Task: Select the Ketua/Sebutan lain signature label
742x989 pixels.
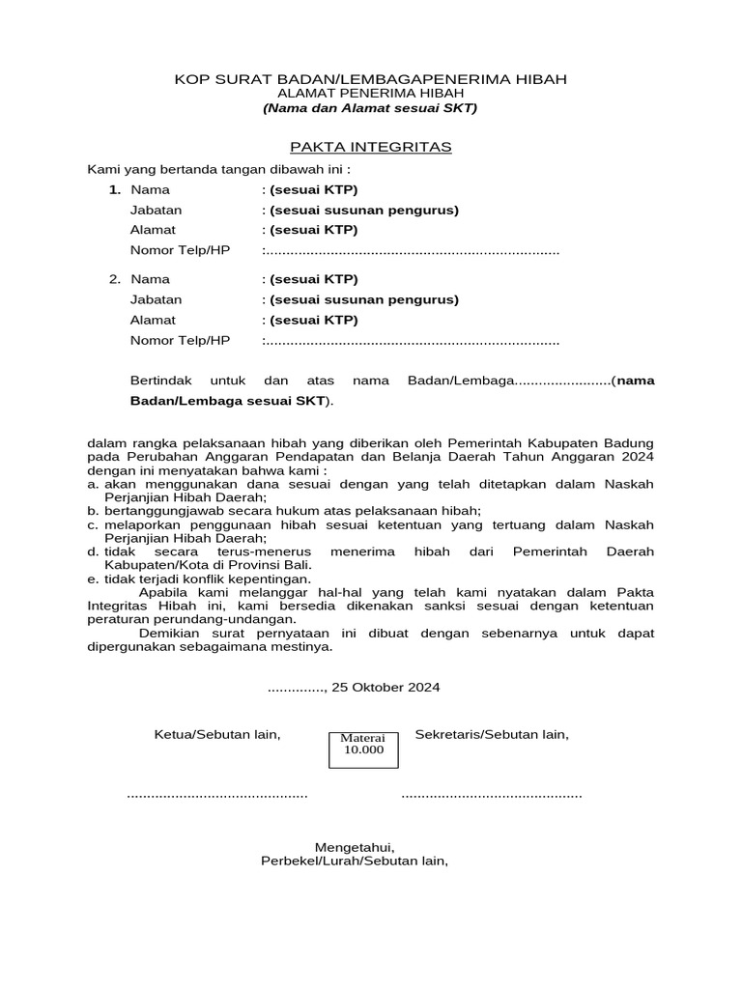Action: (x=217, y=735)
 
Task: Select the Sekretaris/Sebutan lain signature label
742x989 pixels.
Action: (x=492, y=735)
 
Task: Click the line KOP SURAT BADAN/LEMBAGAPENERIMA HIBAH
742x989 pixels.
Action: (x=370, y=79)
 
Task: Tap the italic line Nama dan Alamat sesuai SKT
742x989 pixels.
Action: (x=370, y=108)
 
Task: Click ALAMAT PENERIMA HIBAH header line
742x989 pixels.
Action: (x=370, y=94)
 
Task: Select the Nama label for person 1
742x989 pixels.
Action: (x=150, y=189)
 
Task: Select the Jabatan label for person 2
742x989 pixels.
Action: (x=156, y=299)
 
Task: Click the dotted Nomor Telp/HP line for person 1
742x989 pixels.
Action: (x=412, y=251)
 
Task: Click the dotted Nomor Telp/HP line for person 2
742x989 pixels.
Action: (x=412, y=341)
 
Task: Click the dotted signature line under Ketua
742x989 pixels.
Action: (x=217, y=795)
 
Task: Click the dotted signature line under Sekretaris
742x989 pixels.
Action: (x=492, y=795)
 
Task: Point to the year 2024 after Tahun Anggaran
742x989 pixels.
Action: (x=638, y=456)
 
